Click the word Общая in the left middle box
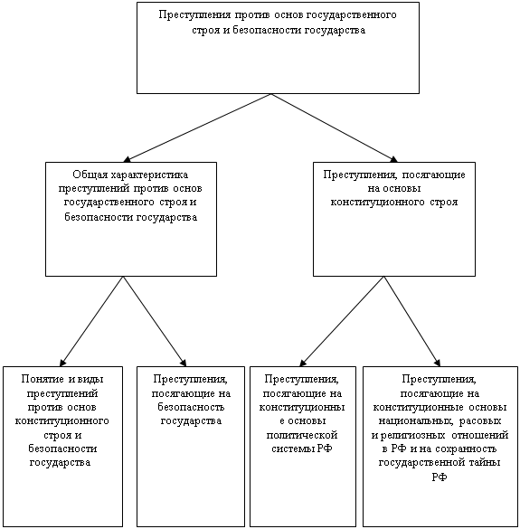click(x=87, y=175)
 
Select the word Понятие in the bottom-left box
click(x=43, y=379)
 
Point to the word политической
click(x=302, y=435)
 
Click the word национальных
click(x=416, y=421)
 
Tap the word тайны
click(x=487, y=463)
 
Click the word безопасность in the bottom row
click(x=191, y=407)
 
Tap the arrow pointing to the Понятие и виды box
click(x=91, y=321)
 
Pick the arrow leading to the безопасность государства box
click(x=155, y=321)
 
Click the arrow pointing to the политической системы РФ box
click(x=342, y=321)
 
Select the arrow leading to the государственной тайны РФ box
click(x=412, y=321)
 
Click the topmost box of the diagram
click(x=278, y=48)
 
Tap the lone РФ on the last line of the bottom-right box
click(x=440, y=477)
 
